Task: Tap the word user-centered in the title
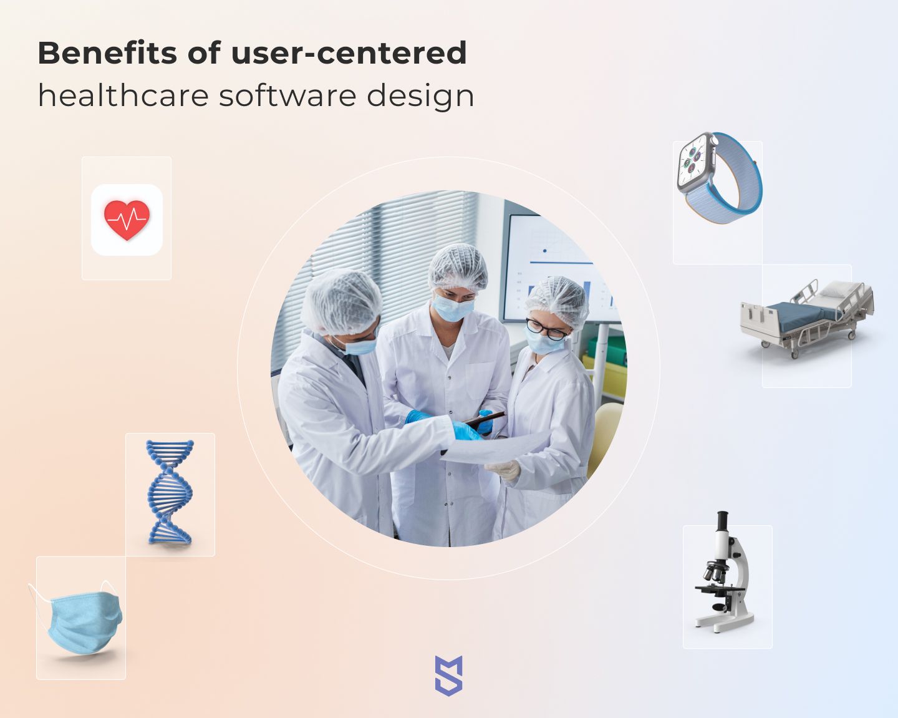[x=349, y=53]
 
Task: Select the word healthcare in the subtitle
[x=123, y=95]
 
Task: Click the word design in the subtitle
[x=420, y=97]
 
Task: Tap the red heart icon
[x=127, y=220]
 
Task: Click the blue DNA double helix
[x=170, y=492]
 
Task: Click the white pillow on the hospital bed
[x=839, y=289]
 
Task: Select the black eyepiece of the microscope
[x=723, y=521]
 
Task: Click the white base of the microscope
[x=725, y=623]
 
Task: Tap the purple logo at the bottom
[x=448, y=676]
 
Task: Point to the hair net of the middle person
[x=458, y=266]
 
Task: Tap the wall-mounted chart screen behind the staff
[x=559, y=267]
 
